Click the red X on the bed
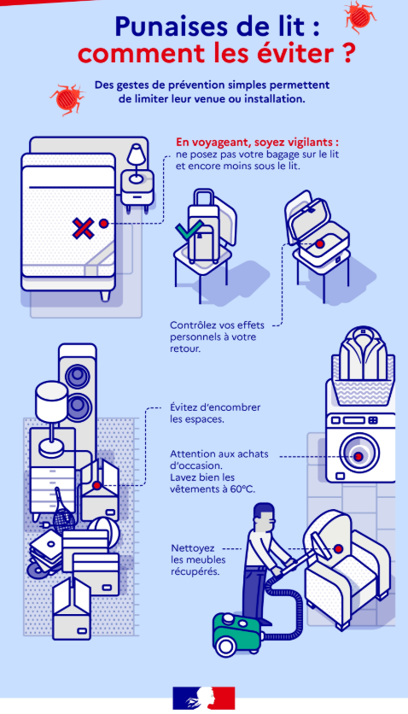[84, 228]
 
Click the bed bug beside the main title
[361, 17]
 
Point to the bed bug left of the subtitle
[67, 98]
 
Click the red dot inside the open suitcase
[320, 244]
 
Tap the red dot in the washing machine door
[358, 456]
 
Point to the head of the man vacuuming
[265, 515]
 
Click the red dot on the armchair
[338, 549]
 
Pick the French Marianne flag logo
[204, 698]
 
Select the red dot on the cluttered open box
[97, 485]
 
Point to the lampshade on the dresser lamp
[51, 401]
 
